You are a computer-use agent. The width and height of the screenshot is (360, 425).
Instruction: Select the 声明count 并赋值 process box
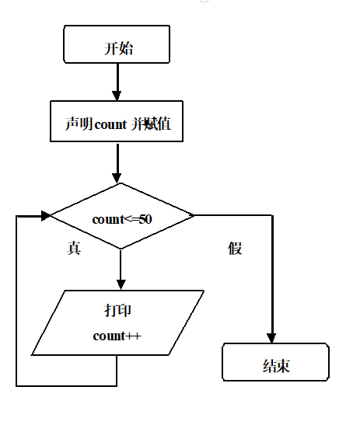[x=117, y=122]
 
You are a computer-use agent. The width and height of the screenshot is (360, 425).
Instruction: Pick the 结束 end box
[x=276, y=363]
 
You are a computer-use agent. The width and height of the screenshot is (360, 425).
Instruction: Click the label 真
[x=75, y=248]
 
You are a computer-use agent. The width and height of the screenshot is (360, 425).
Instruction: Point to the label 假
[x=235, y=248]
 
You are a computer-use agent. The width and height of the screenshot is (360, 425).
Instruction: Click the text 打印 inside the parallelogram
[x=118, y=310]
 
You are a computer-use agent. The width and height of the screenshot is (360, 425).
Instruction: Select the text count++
[x=117, y=336]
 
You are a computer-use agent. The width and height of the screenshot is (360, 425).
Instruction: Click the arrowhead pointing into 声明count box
[x=117, y=95]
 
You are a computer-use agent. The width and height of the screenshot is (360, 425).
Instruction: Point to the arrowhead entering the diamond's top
[x=118, y=176]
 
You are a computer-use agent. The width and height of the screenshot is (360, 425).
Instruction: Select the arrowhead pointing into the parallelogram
[x=121, y=284]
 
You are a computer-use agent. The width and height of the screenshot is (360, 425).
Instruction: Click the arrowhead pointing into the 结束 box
[x=273, y=338]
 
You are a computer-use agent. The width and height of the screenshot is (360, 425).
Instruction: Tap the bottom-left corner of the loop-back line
[x=16, y=385]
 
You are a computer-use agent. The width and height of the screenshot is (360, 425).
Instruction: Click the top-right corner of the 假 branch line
[x=273, y=215]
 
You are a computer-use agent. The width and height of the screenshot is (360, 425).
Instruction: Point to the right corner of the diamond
[x=194, y=215]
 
